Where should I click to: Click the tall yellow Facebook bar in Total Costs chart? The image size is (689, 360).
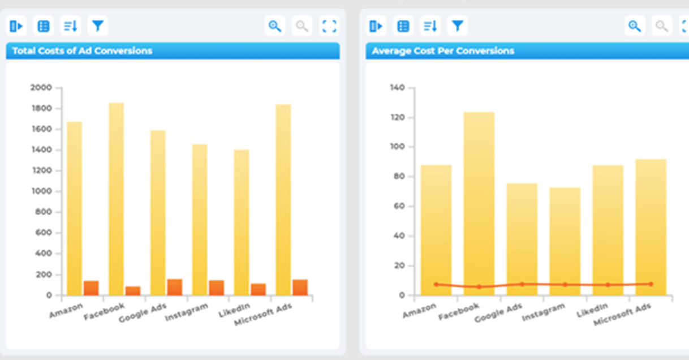117,199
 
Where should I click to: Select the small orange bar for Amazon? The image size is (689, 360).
91,288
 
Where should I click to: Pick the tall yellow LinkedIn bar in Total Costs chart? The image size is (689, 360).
242,222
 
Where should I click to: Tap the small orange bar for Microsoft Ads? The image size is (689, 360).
300,288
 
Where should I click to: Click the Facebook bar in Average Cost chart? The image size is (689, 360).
479,204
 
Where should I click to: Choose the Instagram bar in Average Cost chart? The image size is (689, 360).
565,242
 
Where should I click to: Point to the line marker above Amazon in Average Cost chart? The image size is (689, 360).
436,284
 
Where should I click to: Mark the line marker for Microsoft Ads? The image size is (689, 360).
651,284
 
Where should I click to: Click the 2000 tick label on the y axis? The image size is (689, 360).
41,88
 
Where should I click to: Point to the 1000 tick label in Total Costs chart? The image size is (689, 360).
41,191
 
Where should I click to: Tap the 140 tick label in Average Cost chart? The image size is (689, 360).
397,88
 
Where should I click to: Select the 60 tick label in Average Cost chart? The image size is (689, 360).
399,206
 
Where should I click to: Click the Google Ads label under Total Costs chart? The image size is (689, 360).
143,312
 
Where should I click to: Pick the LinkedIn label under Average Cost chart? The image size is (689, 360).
592,310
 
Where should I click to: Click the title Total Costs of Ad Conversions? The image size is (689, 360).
82,51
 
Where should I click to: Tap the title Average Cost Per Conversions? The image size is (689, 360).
443,51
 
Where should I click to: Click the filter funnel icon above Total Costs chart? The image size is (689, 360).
98,26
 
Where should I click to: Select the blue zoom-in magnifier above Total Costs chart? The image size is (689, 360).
275,26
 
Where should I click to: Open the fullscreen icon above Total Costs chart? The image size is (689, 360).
329,26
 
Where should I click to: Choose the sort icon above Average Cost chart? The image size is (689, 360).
430,26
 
